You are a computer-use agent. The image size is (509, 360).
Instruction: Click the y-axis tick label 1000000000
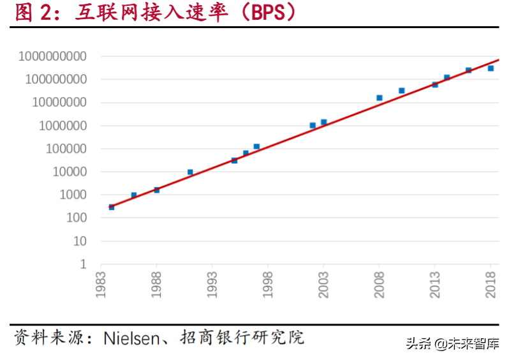53,56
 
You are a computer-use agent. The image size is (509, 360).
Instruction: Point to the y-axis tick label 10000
70,172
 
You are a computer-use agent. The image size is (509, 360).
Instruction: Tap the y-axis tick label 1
82,264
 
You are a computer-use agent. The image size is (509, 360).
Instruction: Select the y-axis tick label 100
76,218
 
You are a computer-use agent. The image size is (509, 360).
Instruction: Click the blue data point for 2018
491,68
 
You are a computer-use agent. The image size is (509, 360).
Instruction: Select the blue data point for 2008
379,98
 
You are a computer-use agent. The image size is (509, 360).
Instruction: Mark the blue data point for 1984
112,207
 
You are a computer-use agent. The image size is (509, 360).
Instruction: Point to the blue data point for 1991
190,172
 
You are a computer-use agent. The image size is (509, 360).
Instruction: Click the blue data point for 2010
401,91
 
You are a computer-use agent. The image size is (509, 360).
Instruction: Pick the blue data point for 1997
256,147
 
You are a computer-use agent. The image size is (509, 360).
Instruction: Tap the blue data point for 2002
313,125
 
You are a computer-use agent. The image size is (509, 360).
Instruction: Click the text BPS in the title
262,13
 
